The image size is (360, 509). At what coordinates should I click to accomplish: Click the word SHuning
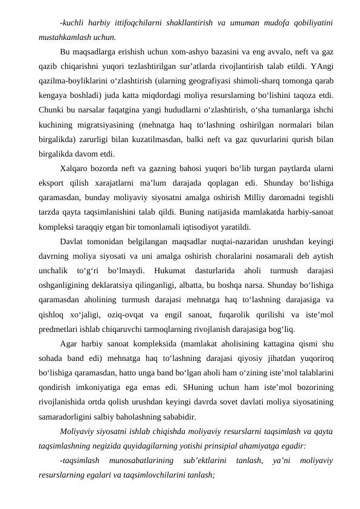point(204,385)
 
